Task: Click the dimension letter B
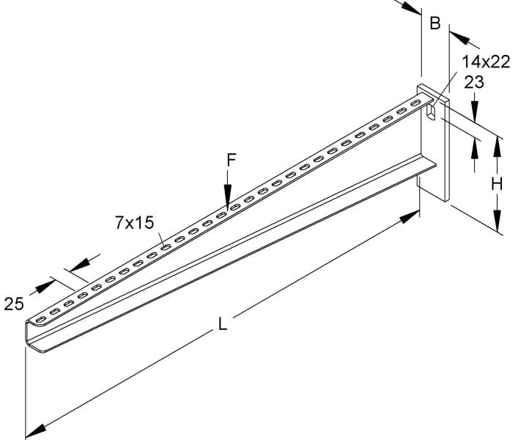pos(435,23)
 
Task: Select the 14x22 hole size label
pos(486,62)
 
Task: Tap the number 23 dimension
pos(474,82)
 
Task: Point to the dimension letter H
pos(497,184)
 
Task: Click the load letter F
pos(232,160)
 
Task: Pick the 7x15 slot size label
pos(135,222)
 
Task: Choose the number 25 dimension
pos(14,304)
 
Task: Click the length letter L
pos(223,323)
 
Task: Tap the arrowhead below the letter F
pos(228,197)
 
